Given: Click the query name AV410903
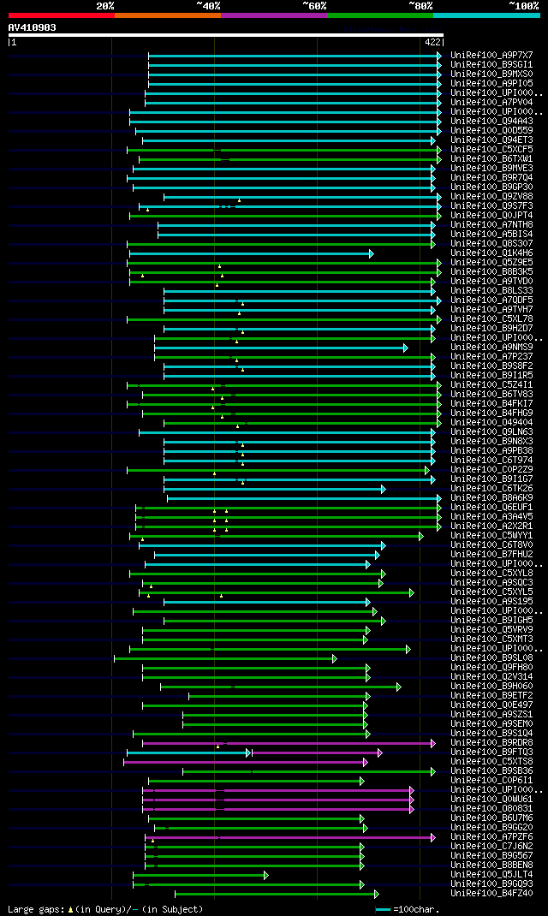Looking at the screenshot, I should point(33,27).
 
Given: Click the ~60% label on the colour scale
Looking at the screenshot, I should point(314,5).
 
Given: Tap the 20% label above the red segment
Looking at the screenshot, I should point(105,5).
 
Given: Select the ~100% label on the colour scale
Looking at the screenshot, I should point(523,5).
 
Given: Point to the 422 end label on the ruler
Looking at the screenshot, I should point(432,41).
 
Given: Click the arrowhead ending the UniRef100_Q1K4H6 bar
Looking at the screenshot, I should point(372,253).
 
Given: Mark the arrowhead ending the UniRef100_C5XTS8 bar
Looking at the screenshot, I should point(366,761).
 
